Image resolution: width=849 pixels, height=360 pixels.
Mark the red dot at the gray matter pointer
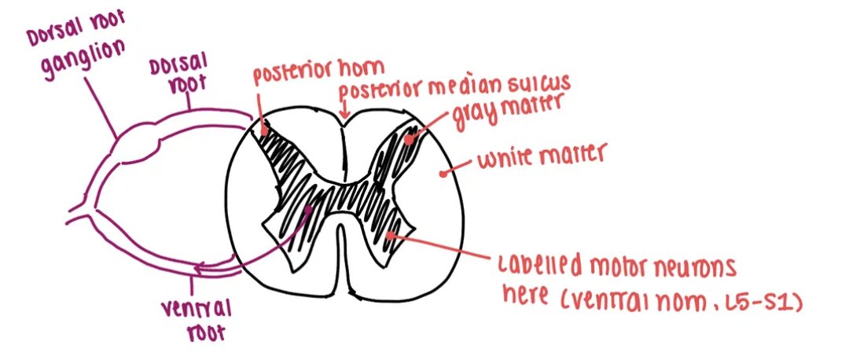(x=410, y=138)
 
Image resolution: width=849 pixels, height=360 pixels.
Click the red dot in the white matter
(x=445, y=169)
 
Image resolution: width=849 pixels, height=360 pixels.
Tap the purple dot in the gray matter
(x=310, y=210)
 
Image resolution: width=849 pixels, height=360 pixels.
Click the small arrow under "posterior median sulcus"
(x=342, y=115)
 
